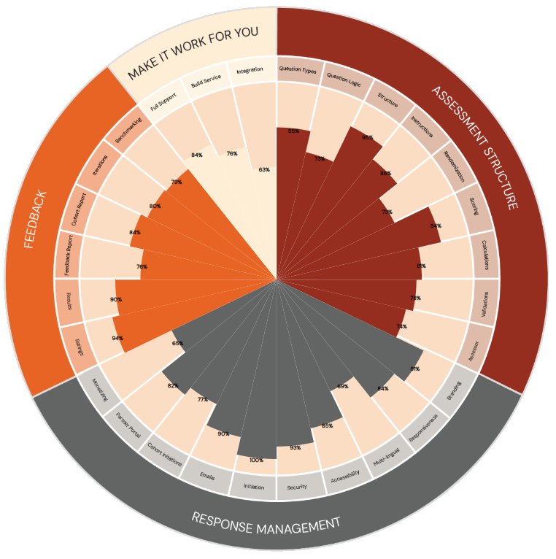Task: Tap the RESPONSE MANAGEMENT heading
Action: point(266,523)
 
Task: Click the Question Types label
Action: point(298,70)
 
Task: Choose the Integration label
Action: point(249,71)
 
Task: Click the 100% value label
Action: point(255,460)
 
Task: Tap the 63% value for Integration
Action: point(264,169)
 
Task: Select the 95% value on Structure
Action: point(368,137)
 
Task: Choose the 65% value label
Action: point(177,343)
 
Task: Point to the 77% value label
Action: point(202,399)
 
